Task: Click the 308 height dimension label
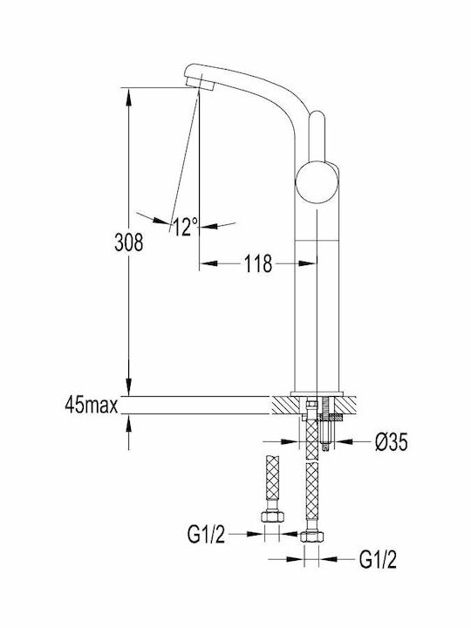(x=128, y=242)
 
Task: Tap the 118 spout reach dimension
(x=258, y=263)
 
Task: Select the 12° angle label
(x=186, y=227)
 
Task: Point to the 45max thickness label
(x=92, y=406)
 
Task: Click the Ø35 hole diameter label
(x=392, y=442)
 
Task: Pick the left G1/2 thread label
(x=206, y=535)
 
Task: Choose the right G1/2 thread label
(x=378, y=559)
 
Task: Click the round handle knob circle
(x=317, y=182)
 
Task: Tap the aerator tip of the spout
(x=200, y=84)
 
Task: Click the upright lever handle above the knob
(x=317, y=136)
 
